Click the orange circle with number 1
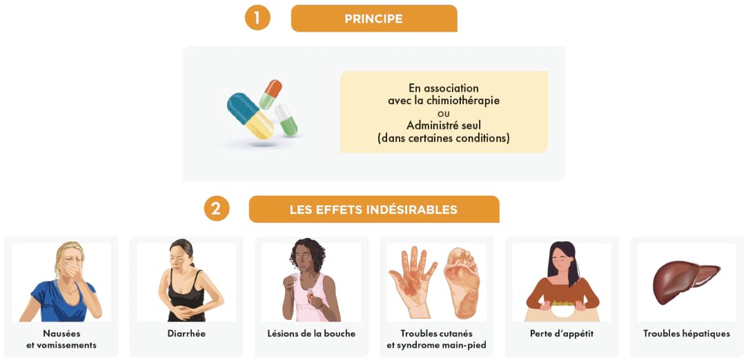[x=257, y=18]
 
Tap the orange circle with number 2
[x=216, y=208]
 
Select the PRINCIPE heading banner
[x=373, y=19]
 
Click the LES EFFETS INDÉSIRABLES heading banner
[x=373, y=210]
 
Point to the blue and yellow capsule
[x=250, y=114]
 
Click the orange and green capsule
[x=270, y=94]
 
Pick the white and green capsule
[x=286, y=120]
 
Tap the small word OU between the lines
[x=443, y=114]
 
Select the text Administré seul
[x=443, y=126]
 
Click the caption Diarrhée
[x=186, y=334]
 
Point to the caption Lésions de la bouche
[x=311, y=334]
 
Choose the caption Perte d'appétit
[x=562, y=334]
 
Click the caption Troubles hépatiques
[x=687, y=334]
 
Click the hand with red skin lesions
[x=413, y=279]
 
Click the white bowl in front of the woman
[x=563, y=309]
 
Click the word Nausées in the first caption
[x=61, y=334]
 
